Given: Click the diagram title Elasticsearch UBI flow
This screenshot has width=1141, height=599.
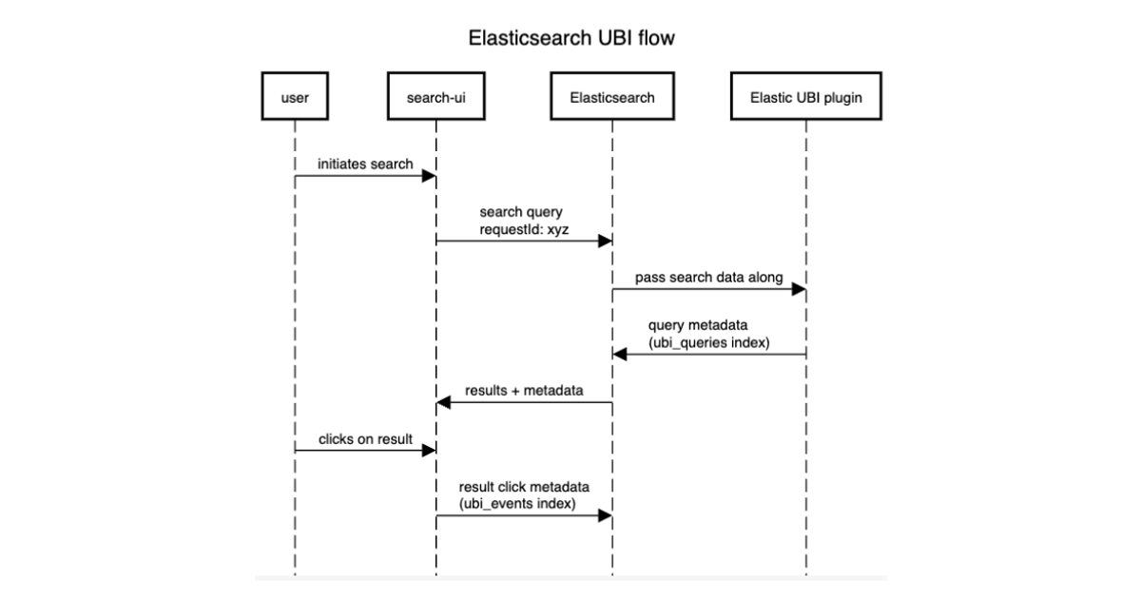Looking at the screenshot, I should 570,39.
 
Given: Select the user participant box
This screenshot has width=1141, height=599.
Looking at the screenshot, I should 295,97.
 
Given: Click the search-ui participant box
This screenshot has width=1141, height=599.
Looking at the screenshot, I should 435,97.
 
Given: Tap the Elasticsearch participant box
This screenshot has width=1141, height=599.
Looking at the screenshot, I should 611,97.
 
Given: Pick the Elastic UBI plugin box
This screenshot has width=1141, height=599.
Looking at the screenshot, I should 806,97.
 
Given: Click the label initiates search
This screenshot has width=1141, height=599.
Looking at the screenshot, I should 366,164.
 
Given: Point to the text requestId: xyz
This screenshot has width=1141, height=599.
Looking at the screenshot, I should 517,229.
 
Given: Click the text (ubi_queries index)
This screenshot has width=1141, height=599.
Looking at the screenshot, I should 710,342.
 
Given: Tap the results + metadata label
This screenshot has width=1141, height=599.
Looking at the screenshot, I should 524,391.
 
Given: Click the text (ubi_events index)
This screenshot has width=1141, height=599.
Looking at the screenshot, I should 517,504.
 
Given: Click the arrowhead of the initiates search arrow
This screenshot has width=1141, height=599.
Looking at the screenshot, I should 430,176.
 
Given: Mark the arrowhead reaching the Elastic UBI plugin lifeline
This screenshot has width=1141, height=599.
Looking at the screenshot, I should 800,289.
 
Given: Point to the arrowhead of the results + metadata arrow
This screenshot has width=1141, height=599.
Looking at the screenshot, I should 443,403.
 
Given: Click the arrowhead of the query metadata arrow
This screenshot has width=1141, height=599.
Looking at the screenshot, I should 619,355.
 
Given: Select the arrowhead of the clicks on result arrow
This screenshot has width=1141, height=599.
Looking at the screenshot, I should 430,451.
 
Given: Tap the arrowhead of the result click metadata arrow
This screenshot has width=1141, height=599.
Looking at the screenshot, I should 605,516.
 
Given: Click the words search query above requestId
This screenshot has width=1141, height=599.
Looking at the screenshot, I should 514,213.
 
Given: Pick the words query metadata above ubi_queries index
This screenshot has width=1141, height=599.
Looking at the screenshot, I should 699,326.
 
